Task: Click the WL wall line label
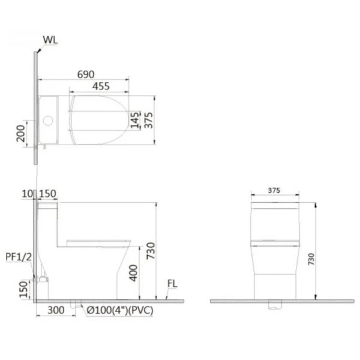(50, 41)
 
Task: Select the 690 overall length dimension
(86, 74)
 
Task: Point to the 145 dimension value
(136, 119)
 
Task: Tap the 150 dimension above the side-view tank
(47, 193)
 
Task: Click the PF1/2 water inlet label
(17, 256)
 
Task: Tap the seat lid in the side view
(99, 242)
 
